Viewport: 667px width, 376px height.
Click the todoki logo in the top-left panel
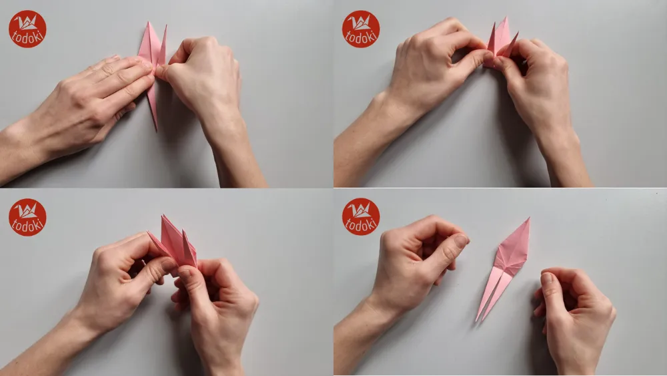(27, 29)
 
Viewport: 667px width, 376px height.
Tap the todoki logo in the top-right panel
(361, 29)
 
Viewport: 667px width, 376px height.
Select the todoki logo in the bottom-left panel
(27, 217)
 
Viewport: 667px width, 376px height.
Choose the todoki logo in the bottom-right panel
(361, 217)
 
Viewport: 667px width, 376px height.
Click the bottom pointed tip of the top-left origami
(156, 128)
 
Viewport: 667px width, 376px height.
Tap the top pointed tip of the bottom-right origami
(528, 219)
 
